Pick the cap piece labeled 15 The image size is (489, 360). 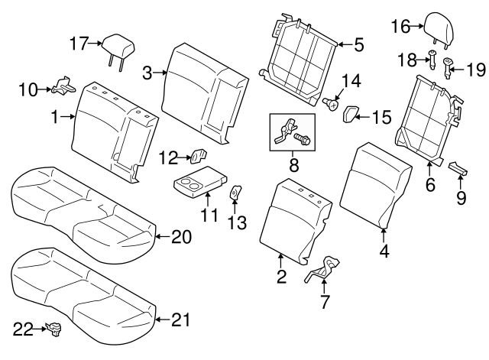point(351,115)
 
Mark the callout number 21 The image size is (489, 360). point(180,320)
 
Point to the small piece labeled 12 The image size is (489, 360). point(197,157)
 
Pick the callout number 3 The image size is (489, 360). point(148,73)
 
